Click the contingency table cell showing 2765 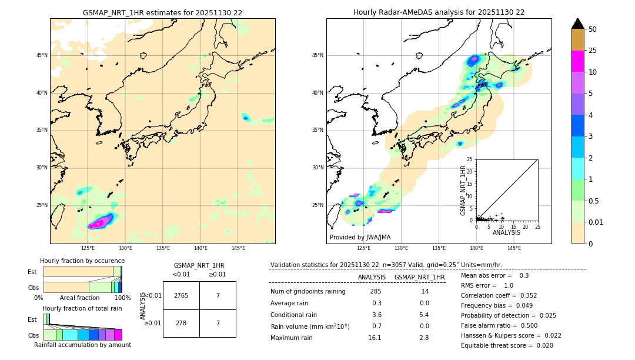[181, 295]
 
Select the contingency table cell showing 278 [181, 323]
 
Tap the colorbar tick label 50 [593, 29]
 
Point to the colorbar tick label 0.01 [596, 222]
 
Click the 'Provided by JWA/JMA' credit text [360, 237]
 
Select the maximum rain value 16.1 [376, 338]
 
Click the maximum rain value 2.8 [423, 338]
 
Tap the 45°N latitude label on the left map [42, 55]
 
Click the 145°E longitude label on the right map [514, 248]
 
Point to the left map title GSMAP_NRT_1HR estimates [162, 12]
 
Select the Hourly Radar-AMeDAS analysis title [439, 12]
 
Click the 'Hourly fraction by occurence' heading [82, 261]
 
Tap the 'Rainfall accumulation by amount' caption [82, 345]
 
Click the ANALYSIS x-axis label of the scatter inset [506, 232]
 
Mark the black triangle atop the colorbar [578, 24]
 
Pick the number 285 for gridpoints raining [376, 292]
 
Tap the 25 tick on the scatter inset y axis [470, 159]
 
